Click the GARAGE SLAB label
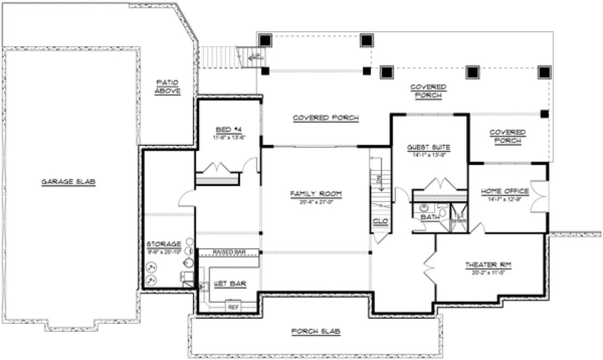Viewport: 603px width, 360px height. [x=68, y=182]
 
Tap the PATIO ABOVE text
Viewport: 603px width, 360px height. [x=168, y=87]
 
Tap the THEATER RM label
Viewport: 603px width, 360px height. [x=489, y=265]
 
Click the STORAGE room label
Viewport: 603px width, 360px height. [x=163, y=244]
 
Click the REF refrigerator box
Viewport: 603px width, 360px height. [x=233, y=307]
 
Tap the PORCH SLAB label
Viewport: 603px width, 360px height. [x=316, y=331]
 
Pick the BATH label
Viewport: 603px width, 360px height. [x=429, y=218]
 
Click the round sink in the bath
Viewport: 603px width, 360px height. [x=424, y=207]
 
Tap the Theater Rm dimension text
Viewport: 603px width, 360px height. [x=489, y=272]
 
